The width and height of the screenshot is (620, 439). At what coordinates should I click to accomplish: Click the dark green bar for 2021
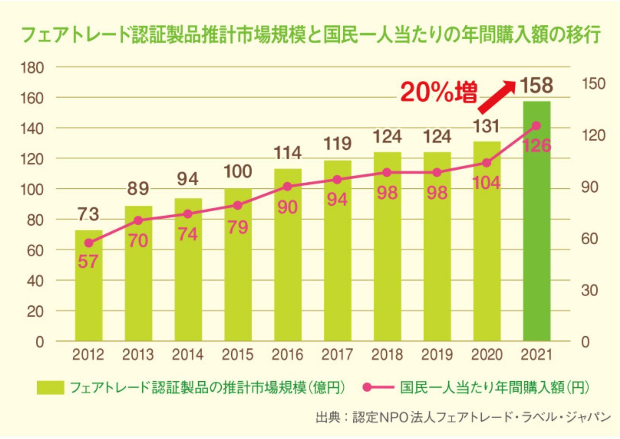[x=537, y=221]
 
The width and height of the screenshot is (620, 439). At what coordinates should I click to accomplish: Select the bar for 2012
[x=89, y=285]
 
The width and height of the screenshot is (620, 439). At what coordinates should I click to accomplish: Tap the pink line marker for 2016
[x=288, y=187]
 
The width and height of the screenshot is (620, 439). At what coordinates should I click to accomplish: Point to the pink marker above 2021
[x=537, y=126]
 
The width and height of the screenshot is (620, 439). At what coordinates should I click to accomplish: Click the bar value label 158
[x=536, y=85]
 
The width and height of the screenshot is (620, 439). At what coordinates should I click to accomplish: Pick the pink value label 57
[x=88, y=262]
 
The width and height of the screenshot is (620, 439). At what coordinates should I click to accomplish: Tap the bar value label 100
[x=238, y=171]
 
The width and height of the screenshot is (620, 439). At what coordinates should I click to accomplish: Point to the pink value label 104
[x=487, y=183]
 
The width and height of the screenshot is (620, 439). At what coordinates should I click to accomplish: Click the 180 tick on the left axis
[x=32, y=67]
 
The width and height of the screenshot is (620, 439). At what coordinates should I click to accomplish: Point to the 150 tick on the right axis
[x=593, y=84]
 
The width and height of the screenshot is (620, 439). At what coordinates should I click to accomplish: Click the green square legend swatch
[x=50, y=388]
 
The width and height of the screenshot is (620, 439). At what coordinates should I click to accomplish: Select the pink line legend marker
[x=378, y=387]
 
